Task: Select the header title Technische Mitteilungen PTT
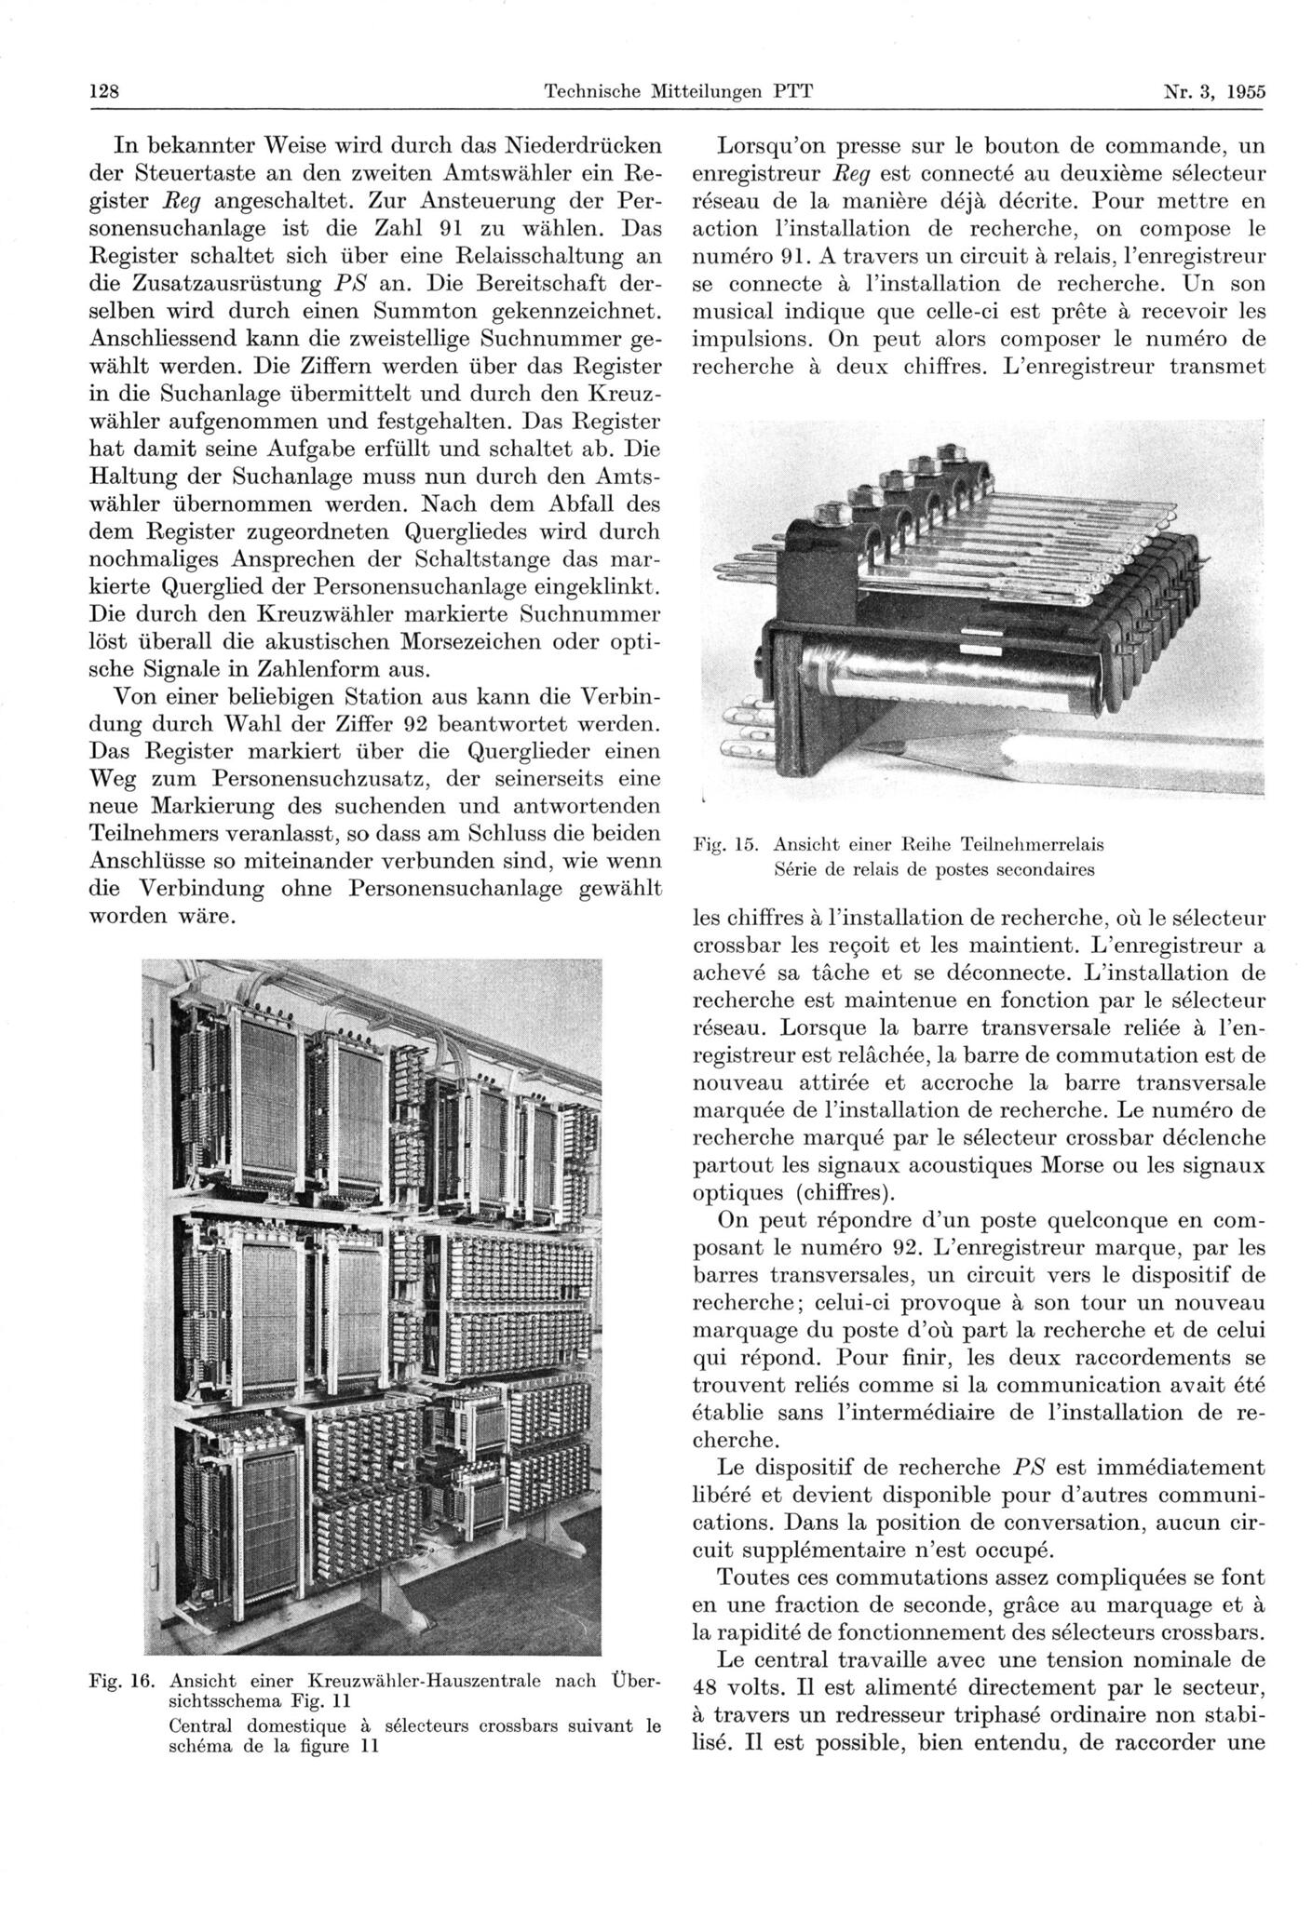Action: click(678, 91)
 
